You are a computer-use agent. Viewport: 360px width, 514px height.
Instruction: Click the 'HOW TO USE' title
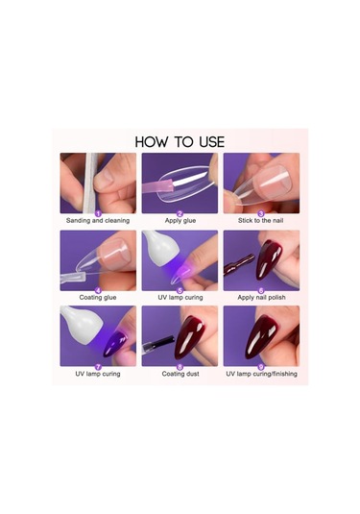coord(180,142)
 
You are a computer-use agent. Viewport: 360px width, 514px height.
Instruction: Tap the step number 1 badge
coord(98,213)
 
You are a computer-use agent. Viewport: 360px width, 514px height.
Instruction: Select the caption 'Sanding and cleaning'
coord(98,221)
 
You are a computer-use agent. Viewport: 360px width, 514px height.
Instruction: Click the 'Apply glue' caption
coord(180,221)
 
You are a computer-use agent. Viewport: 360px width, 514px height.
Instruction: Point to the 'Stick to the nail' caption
coord(261,221)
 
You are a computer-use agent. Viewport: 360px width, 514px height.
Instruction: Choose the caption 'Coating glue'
coord(98,297)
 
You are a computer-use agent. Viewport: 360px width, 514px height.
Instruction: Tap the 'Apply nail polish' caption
coord(261,297)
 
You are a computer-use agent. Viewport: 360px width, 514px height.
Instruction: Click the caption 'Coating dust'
coord(180,374)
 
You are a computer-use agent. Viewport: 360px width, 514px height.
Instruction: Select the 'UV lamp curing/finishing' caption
coord(261,374)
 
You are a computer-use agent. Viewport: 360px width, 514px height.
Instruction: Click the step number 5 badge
coord(180,290)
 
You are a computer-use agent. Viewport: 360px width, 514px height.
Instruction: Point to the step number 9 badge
coord(261,367)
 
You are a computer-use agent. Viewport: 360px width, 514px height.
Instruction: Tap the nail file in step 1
coord(89,183)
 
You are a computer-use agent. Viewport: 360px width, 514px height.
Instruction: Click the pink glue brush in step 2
coord(157,187)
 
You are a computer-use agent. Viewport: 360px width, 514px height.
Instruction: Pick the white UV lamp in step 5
coord(156,248)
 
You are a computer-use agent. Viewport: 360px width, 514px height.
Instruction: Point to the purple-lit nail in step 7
coord(114,344)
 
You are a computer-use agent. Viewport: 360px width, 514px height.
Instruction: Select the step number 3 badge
coord(261,213)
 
